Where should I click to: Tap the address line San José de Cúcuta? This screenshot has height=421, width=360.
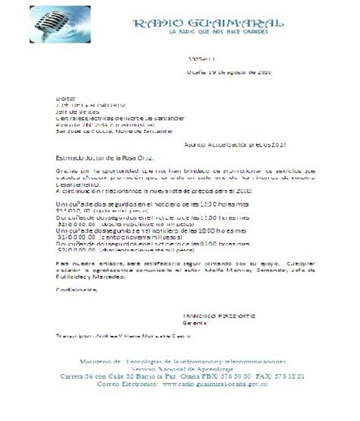point(114,130)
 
